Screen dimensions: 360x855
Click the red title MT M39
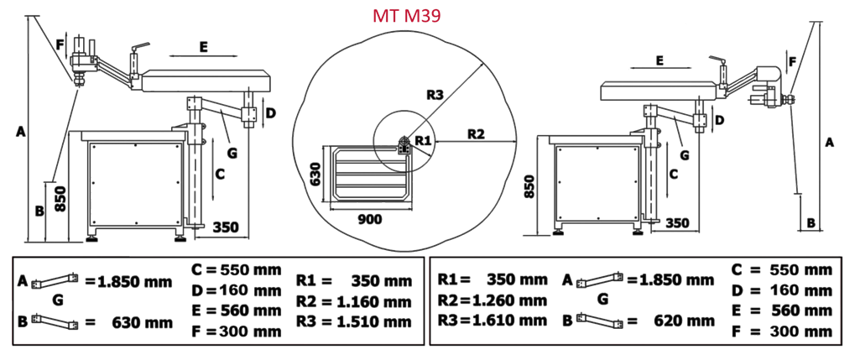(x=409, y=16)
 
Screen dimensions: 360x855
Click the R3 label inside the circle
(x=433, y=94)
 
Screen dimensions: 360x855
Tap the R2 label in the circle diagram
(x=476, y=133)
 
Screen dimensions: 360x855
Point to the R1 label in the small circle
(x=422, y=139)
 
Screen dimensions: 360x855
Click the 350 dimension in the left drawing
(x=227, y=227)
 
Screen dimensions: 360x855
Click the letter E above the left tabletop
(x=203, y=48)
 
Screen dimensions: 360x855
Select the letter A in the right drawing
(x=830, y=143)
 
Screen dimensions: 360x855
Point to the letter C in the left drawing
(x=220, y=174)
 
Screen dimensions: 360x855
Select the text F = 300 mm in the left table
(x=237, y=331)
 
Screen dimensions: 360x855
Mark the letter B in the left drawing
(x=39, y=210)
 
